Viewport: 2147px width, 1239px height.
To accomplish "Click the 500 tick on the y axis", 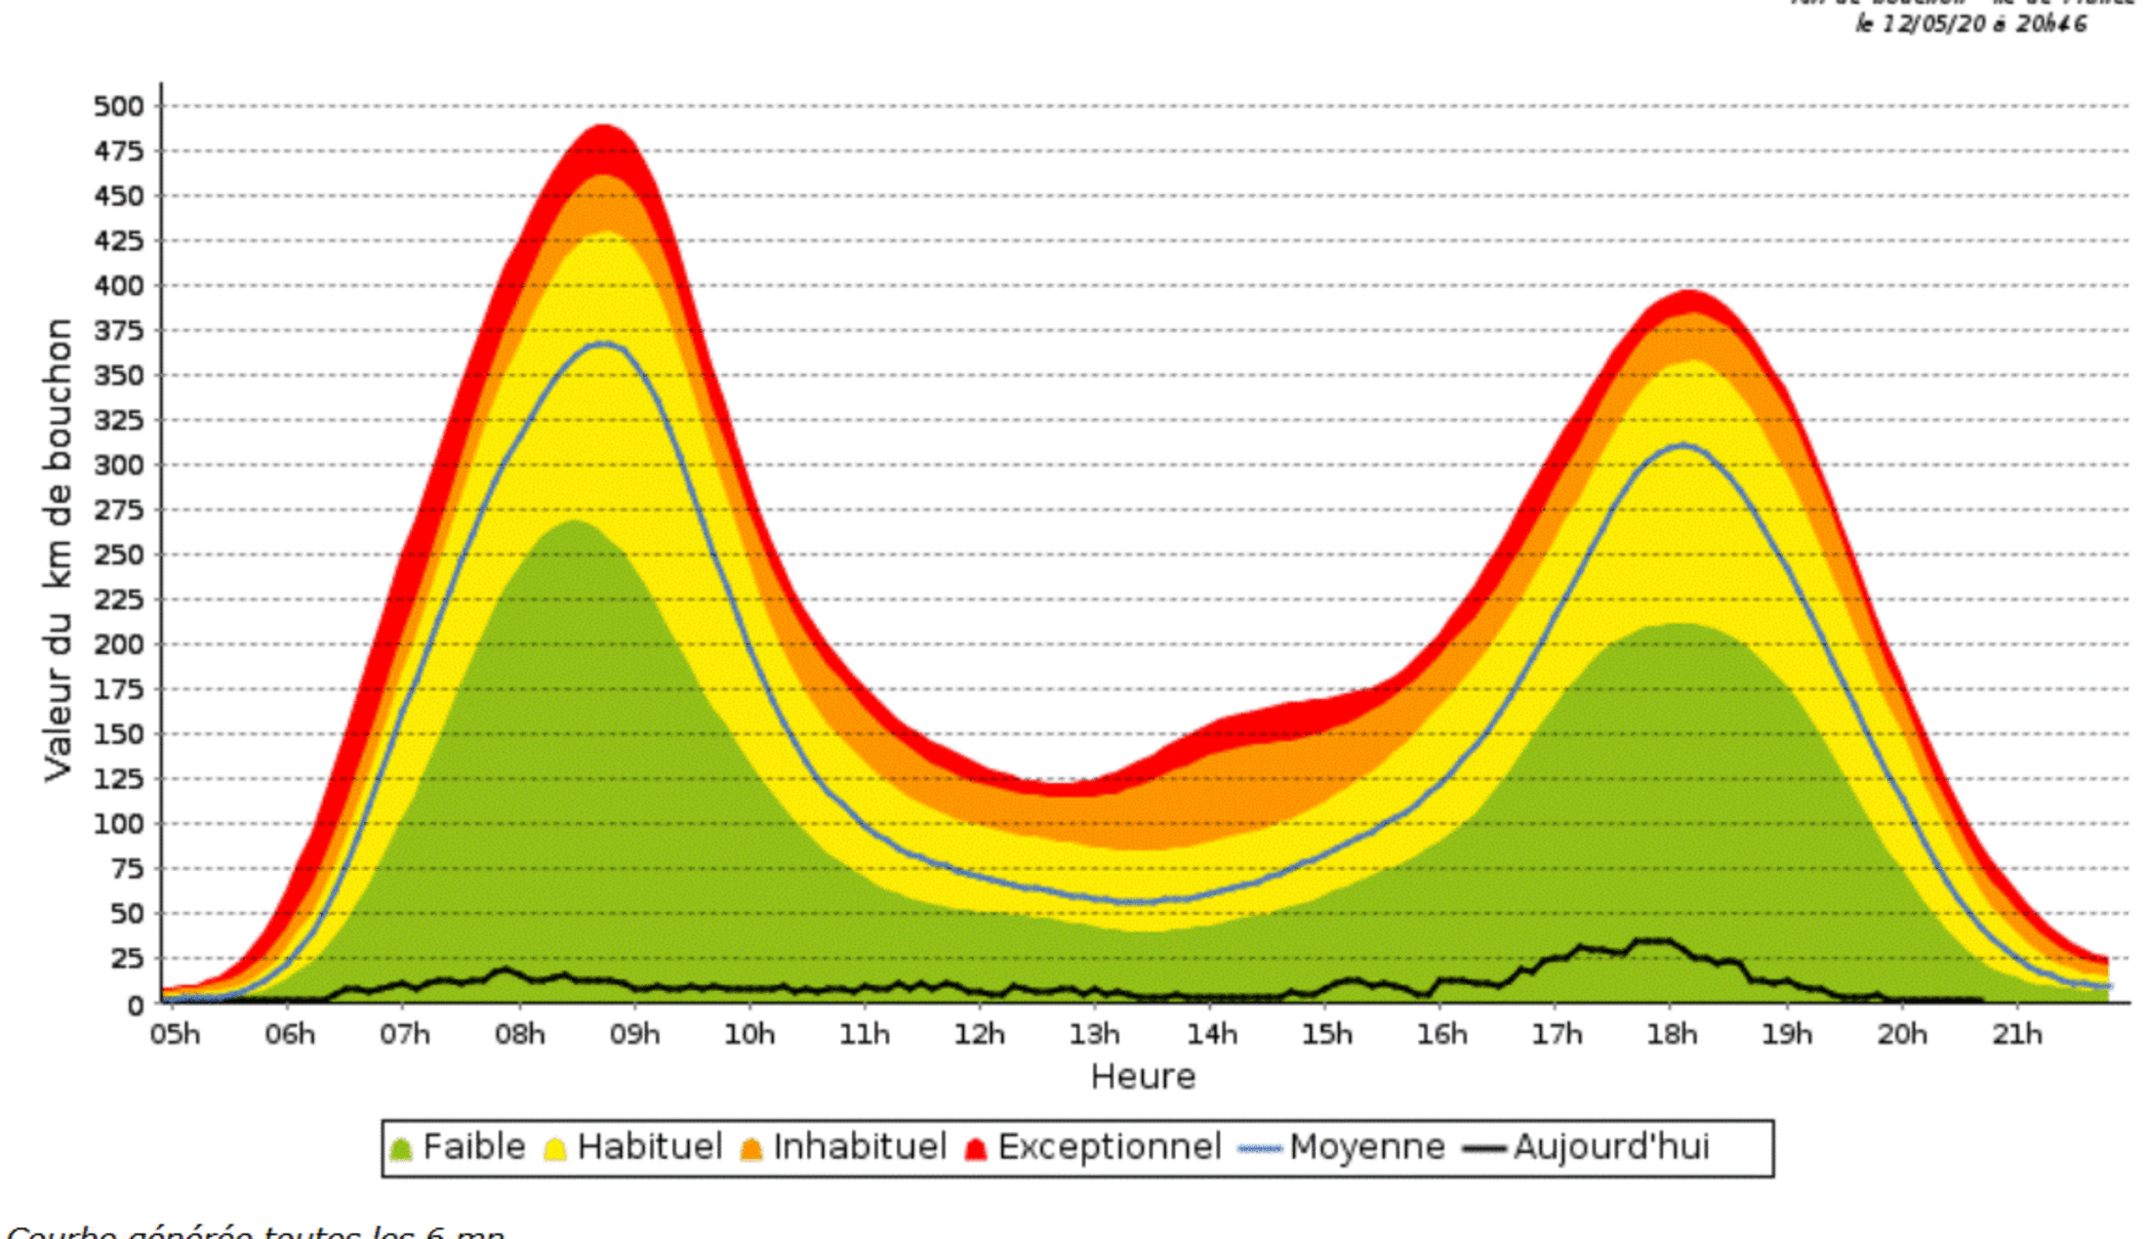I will (118, 105).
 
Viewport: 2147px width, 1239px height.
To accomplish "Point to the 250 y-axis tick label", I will (118, 555).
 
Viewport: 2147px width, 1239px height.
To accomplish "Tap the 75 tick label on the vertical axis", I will (126, 869).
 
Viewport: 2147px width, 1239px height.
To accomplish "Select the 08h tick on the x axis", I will (519, 1033).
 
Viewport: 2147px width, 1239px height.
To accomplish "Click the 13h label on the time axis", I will (1094, 1033).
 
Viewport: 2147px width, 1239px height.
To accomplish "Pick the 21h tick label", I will (2016, 1033).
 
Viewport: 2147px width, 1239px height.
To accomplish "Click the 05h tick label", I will (175, 1033).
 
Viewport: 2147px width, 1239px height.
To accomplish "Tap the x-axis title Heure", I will (1143, 1076).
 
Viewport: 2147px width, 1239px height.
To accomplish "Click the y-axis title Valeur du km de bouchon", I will (59, 549).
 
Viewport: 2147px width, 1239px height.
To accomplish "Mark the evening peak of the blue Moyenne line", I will (1681, 445).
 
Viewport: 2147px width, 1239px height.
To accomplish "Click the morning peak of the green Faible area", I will (575, 521).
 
